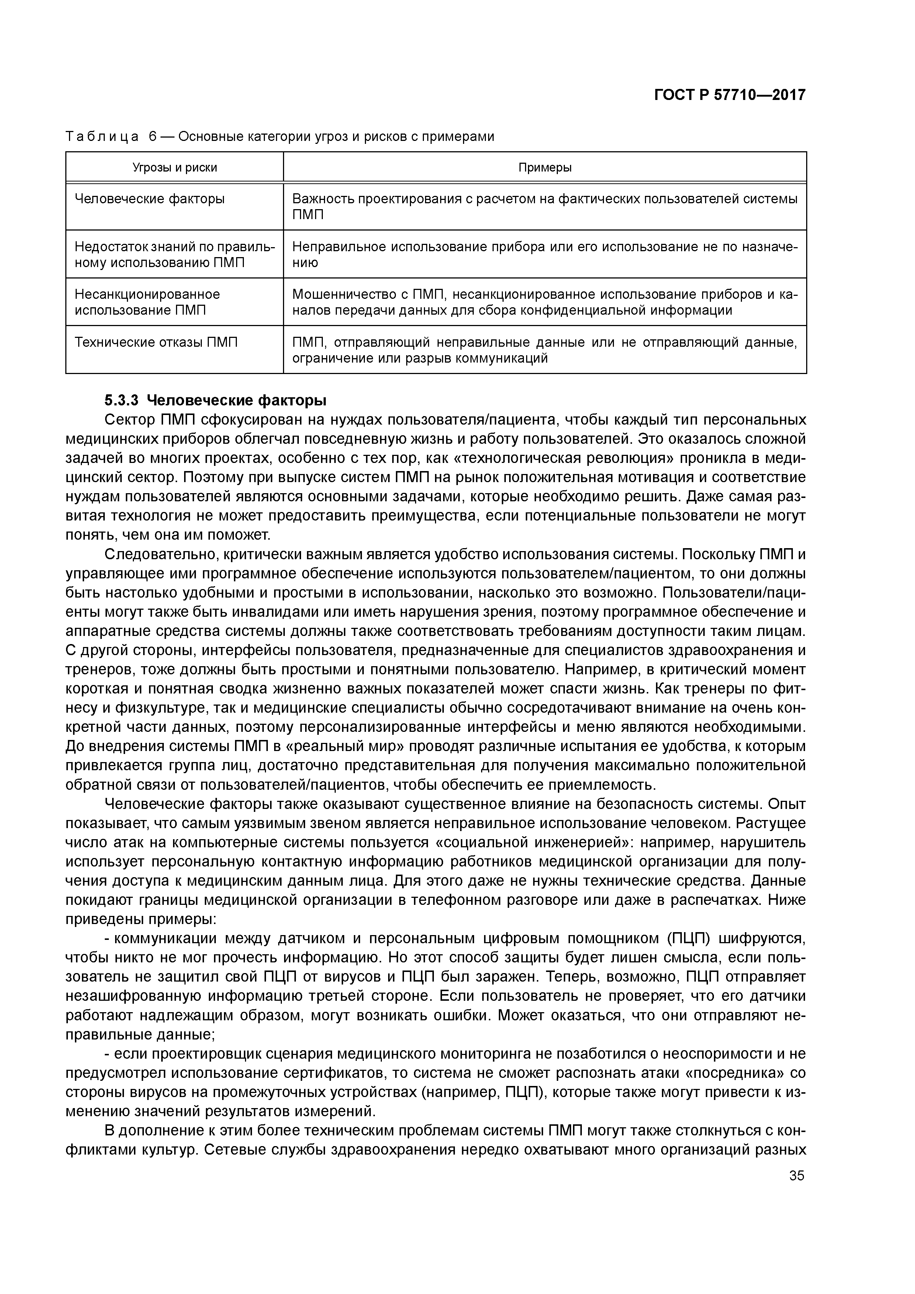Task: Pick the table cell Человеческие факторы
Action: (x=150, y=199)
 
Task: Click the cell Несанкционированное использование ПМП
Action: (x=147, y=302)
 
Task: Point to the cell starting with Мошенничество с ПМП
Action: (x=545, y=302)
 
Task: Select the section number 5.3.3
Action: (x=121, y=401)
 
